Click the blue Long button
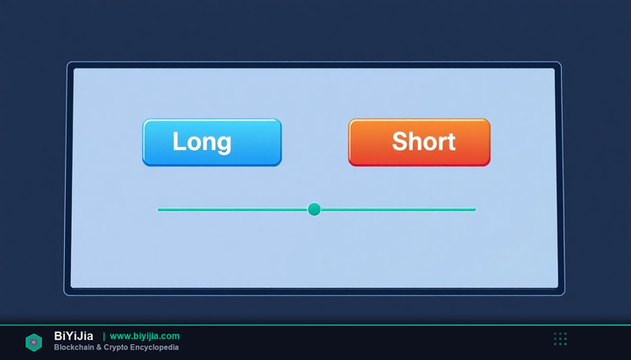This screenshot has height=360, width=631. click(212, 143)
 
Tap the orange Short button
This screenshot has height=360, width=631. click(419, 143)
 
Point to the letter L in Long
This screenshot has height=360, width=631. click(180, 141)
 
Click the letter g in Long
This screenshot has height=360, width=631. click(224, 145)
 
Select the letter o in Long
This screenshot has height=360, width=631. click(195, 144)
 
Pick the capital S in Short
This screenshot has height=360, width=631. click(400, 141)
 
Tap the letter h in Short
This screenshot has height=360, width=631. click(417, 141)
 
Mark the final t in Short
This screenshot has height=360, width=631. click(451, 142)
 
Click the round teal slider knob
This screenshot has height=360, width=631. click(315, 209)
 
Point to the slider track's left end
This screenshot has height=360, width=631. click(158, 209)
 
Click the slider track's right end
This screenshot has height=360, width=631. click(475, 209)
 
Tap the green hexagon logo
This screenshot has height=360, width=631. click(34, 342)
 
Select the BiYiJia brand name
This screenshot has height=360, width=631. click(74, 335)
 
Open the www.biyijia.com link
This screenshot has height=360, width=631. click(145, 335)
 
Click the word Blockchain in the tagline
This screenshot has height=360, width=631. click(74, 347)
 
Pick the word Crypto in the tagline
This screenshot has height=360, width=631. click(116, 348)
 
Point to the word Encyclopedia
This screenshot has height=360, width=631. click(154, 348)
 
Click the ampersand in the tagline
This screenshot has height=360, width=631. click(99, 347)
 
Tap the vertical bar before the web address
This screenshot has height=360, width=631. click(103, 336)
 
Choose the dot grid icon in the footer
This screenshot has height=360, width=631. click(560, 339)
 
